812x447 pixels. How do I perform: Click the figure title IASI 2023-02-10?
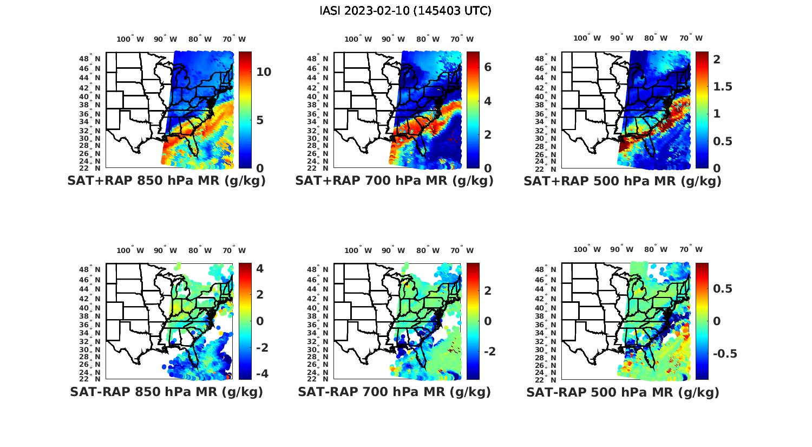pyautogui.click(x=405, y=11)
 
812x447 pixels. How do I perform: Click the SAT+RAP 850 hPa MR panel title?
pyautogui.click(x=166, y=181)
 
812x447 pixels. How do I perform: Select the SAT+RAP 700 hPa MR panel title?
pyautogui.click(x=394, y=181)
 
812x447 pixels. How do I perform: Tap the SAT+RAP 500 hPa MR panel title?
pyautogui.click(x=622, y=181)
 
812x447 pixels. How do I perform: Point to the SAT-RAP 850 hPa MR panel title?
pyautogui.click(x=166, y=392)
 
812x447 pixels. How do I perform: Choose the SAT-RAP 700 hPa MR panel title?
pyautogui.click(x=394, y=392)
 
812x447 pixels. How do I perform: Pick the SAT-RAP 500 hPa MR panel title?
pyautogui.click(x=623, y=392)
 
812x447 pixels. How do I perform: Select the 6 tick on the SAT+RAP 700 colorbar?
pyautogui.click(x=488, y=67)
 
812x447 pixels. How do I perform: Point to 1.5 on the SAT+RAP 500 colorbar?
pyautogui.click(x=723, y=87)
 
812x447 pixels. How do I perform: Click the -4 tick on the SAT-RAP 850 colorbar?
pyautogui.click(x=260, y=374)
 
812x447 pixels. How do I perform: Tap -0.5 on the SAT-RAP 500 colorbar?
pyautogui.click(x=724, y=354)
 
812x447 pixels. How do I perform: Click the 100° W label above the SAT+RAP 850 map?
pyautogui.click(x=130, y=39)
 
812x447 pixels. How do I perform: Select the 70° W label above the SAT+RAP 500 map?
pyautogui.click(x=691, y=38)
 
